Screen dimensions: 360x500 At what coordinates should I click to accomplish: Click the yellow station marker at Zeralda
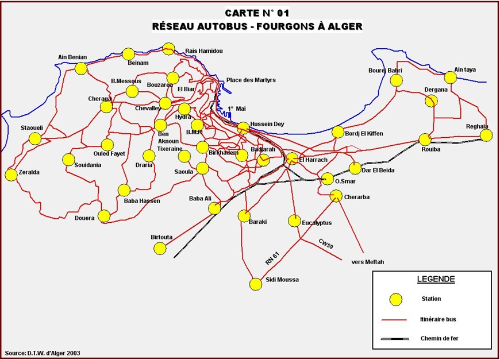[11, 175]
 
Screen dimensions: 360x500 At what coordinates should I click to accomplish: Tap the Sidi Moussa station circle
[256, 284]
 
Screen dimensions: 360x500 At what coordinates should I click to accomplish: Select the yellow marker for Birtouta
[160, 248]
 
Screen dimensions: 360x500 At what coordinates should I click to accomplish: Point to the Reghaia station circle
[486, 136]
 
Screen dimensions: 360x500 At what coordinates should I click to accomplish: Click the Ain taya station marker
[450, 78]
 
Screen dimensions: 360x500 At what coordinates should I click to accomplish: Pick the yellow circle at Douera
[104, 216]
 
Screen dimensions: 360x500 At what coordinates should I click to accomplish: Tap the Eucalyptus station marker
[294, 220]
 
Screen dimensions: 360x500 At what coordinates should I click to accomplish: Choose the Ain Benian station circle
[81, 68]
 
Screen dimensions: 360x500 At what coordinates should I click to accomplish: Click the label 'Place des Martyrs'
[251, 80]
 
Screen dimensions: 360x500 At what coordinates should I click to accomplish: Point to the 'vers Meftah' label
[367, 262]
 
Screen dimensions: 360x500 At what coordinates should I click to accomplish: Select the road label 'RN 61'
[272, 258]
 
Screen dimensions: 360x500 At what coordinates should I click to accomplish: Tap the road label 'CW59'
[326, 244]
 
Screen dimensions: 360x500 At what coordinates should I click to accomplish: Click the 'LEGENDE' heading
[436, 280]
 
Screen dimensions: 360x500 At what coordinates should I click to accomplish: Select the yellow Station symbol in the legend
[395, 299]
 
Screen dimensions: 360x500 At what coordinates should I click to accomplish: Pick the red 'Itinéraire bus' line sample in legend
[395, 319]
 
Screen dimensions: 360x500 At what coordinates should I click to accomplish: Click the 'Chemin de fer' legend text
[439, 338]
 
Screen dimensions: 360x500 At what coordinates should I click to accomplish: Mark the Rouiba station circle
[425, 140]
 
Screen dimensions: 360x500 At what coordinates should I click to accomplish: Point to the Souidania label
[87, 165]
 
